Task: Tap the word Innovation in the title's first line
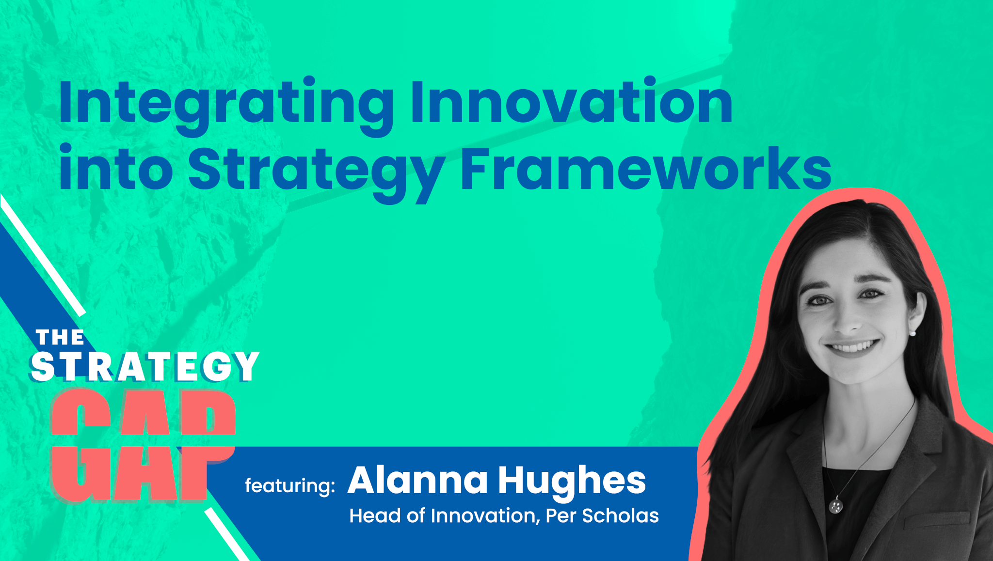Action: [572, 101]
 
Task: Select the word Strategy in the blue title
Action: [317, 173]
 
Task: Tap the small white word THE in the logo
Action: [60, 338]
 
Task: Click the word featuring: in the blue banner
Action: [290, 485]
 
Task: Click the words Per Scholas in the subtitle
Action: [602, 516]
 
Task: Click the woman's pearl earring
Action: [913, 333]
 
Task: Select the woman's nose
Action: [848, 320]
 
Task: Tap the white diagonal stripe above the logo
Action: [43, 255]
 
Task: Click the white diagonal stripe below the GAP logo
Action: [226, 534]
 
